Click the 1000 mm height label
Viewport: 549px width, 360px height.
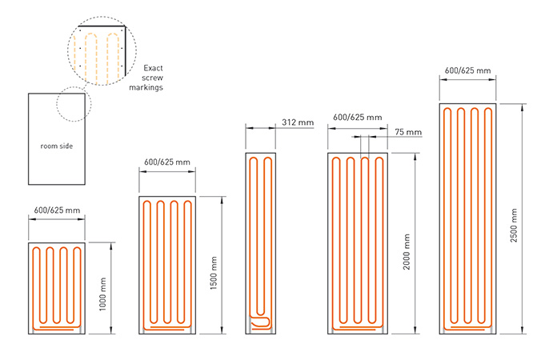(102, 294)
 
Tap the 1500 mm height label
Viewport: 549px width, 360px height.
(214, 273)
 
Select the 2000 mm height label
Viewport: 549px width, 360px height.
(407, 252)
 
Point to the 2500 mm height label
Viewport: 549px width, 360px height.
(514, 226)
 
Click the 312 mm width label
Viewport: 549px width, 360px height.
(298, 122)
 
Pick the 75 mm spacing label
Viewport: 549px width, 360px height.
(408, 132)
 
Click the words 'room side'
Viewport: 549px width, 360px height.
(57, 146)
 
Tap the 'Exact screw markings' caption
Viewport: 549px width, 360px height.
(146, 78)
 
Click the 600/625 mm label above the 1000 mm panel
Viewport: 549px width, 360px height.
(57, 210)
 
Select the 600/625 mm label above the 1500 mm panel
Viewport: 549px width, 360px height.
(167, 162)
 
